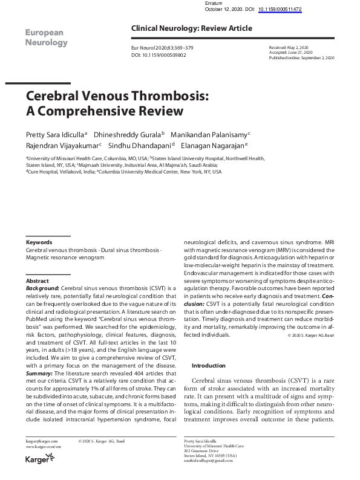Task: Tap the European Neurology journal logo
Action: tap(46, 37)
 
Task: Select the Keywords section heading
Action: tap(39, 242)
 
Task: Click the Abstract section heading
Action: tap(37, 281)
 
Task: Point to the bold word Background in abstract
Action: tap(42, 288)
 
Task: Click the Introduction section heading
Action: tap(209, 366)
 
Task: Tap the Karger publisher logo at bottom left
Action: tap(38, 459)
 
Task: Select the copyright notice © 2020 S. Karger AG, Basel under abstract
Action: tap(310, 334)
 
